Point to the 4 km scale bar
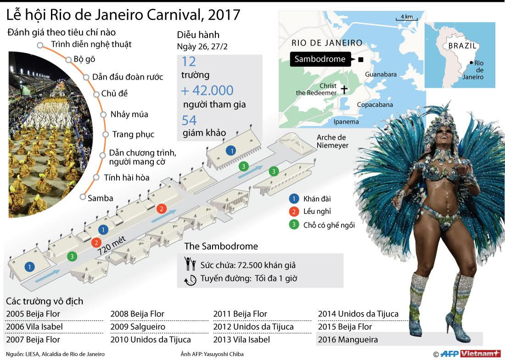pos(406,19)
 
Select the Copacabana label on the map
pos(375,105)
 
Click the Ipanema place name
pos(346,122)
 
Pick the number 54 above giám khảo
pos(189,120)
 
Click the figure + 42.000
pos(208,90)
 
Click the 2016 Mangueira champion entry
pos(348,340)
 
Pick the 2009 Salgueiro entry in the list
pos(137,327)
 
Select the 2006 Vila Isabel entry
pos(34,327)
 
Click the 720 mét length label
pos(113,248)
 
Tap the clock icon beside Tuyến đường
pos(190,279)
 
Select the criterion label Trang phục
pos(133,135)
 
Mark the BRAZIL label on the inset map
pos(462,46)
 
